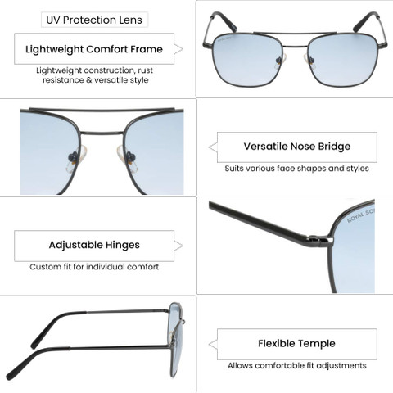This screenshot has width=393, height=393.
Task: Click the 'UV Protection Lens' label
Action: (94, 20)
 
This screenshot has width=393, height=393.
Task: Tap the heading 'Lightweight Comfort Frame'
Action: (94, 49)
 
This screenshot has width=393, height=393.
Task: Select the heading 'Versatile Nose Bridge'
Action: (297, 147)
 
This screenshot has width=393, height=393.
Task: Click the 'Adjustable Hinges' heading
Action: (94, 245)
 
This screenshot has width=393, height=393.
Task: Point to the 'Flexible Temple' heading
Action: (296, 343)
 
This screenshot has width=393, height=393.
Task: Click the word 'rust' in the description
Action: (145, 70)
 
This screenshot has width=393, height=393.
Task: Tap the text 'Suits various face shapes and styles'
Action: (296, 169)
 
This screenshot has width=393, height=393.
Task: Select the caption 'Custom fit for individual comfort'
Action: (94, 267)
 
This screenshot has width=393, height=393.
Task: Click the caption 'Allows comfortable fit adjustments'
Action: (297, 365)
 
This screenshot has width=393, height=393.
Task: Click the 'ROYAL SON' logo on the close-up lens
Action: (361, 215)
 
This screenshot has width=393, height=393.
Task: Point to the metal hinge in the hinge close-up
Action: (320, 240)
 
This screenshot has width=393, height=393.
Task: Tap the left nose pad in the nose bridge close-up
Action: (76, 159)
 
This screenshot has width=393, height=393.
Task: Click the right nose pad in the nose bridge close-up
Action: (128, 159)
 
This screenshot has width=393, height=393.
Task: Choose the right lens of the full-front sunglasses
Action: (343, 60)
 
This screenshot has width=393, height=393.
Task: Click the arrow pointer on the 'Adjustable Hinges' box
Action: (178, 246)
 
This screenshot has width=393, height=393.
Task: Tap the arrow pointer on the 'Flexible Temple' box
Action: (213, 345)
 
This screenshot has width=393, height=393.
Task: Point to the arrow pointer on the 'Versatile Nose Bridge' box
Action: (213, 147)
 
